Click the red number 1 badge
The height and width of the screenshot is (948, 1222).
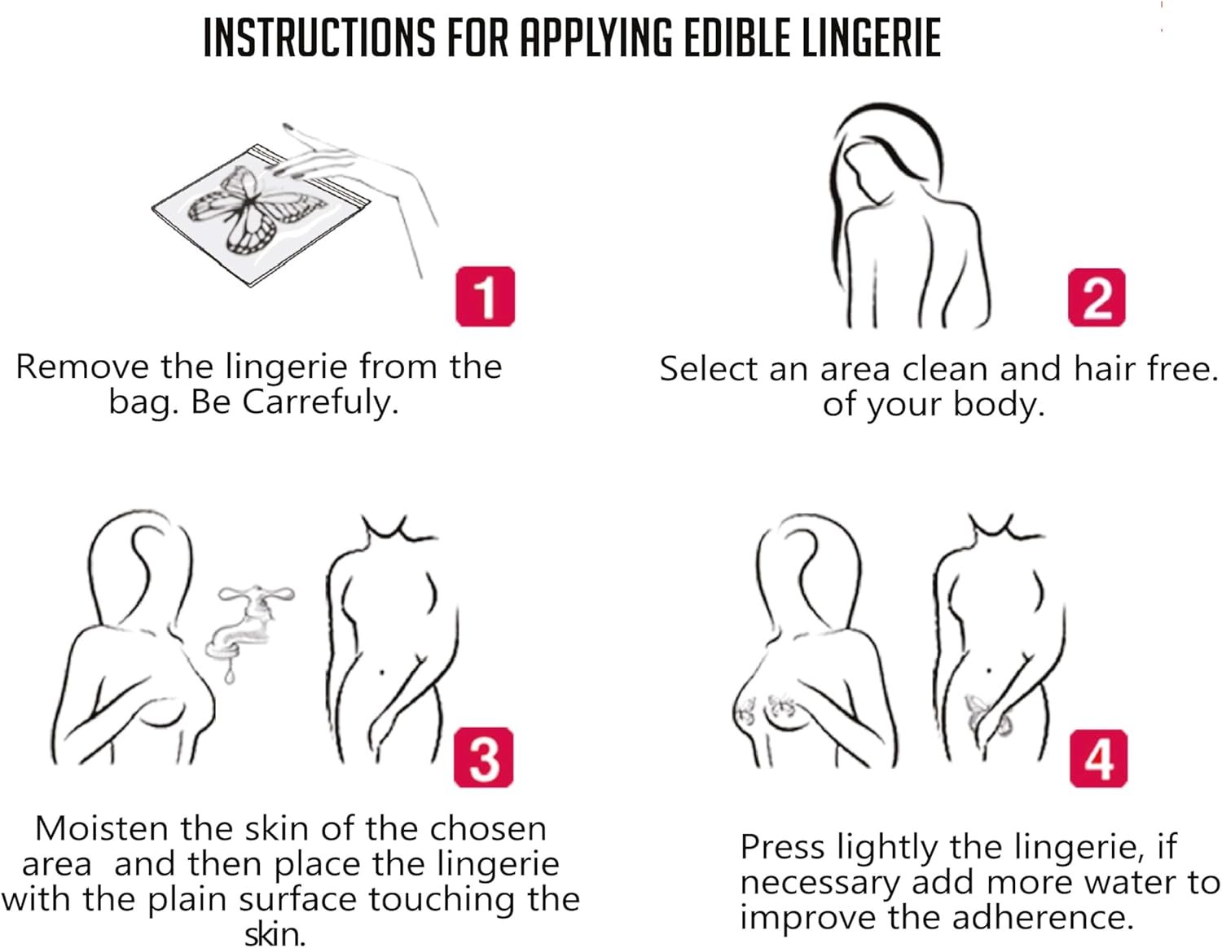[x=485, y=296]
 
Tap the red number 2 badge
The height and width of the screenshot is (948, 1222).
[x=1096, y=297]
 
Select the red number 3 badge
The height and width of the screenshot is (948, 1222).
[x=483, y=757]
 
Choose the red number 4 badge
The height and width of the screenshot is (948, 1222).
[x=1097, y=758]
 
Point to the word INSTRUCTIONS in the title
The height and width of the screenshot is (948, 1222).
[x=319, y=38]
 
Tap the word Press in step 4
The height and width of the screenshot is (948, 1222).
[x=782, y=847]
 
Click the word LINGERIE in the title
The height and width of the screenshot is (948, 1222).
[x=873, y=38]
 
